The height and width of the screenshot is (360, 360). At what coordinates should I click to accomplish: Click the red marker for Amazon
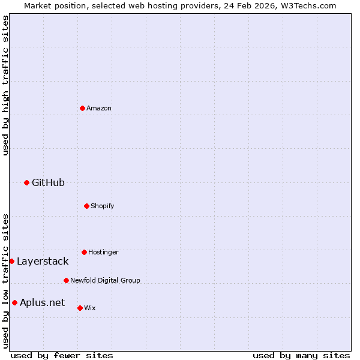pos(82,108)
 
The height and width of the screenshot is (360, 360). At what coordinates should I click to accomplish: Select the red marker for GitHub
pos(26,182)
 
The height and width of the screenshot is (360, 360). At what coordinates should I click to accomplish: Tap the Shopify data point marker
pos(86,206)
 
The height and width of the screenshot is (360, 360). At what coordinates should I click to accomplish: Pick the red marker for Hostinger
pos(84,252)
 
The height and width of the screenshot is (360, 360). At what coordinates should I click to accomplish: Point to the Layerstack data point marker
pos(11,261)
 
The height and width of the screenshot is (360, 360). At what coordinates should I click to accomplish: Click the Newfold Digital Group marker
pos(66,280)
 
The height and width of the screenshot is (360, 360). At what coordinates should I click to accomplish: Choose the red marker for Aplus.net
pos(14,302)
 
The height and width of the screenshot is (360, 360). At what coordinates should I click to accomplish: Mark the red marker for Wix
pos(80,308)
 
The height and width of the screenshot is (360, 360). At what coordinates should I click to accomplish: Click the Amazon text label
pos(99,108)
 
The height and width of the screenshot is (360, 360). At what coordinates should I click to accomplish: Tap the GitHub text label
pos(48,182)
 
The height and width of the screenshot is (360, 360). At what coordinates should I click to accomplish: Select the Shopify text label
pos(103,206)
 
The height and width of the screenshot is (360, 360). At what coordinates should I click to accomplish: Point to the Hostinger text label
pos(103,252)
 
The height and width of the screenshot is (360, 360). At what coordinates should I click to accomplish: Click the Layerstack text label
pos(43,261)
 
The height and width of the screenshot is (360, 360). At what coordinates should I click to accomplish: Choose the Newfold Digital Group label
pos(105,280)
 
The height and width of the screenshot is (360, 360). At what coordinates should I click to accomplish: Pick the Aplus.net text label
pos(42,302)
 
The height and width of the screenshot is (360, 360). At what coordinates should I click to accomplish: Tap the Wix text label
pos(90,308)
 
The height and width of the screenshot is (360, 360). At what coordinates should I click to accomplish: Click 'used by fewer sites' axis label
pos(62,355)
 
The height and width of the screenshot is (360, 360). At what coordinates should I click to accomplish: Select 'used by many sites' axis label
pos(301,355)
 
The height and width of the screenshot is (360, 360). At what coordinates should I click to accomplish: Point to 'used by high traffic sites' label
pos(5,85)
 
